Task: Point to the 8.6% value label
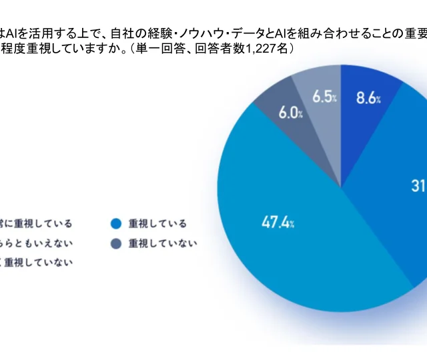(368, 99)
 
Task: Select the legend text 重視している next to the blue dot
(158, 223)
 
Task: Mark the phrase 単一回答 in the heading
(159, 49)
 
